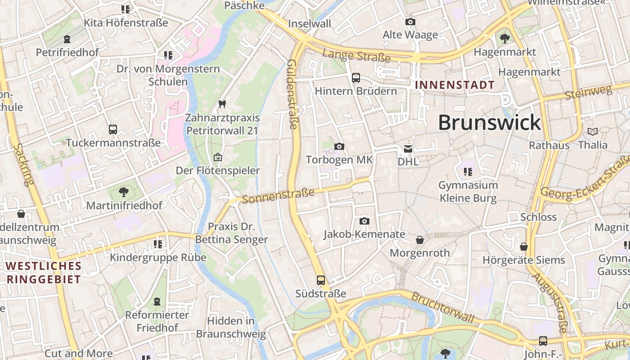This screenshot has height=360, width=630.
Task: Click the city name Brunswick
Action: [x=489, y=122]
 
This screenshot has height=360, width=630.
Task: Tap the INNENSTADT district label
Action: [x=454, y=85]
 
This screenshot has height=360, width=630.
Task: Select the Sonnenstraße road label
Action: [x=278, y=196]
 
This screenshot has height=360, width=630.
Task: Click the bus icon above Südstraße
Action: [x=321, y=280]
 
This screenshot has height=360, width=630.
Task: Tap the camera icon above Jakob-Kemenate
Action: [x=364, y=221]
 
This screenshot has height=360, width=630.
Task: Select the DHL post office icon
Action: [x=408, y=148]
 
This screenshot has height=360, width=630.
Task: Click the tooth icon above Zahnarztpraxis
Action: [x=221, y=104]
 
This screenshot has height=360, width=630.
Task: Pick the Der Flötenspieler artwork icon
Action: [x=218, y=157]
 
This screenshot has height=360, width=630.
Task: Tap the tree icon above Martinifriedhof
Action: [x=124, y=192]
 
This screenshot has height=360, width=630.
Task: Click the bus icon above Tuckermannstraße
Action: [x=113, y=130]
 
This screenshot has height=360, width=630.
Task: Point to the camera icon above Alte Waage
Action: [x=410, y=22]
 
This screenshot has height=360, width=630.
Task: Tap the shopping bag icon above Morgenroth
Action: [x=420, y=240]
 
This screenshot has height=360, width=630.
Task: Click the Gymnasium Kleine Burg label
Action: [x=468, y=191]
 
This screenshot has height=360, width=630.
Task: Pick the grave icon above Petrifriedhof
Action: [x=67, y=39]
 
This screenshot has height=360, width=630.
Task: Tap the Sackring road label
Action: [x=24, y=165]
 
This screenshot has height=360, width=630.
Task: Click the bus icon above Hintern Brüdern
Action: [x=356, y=78]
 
